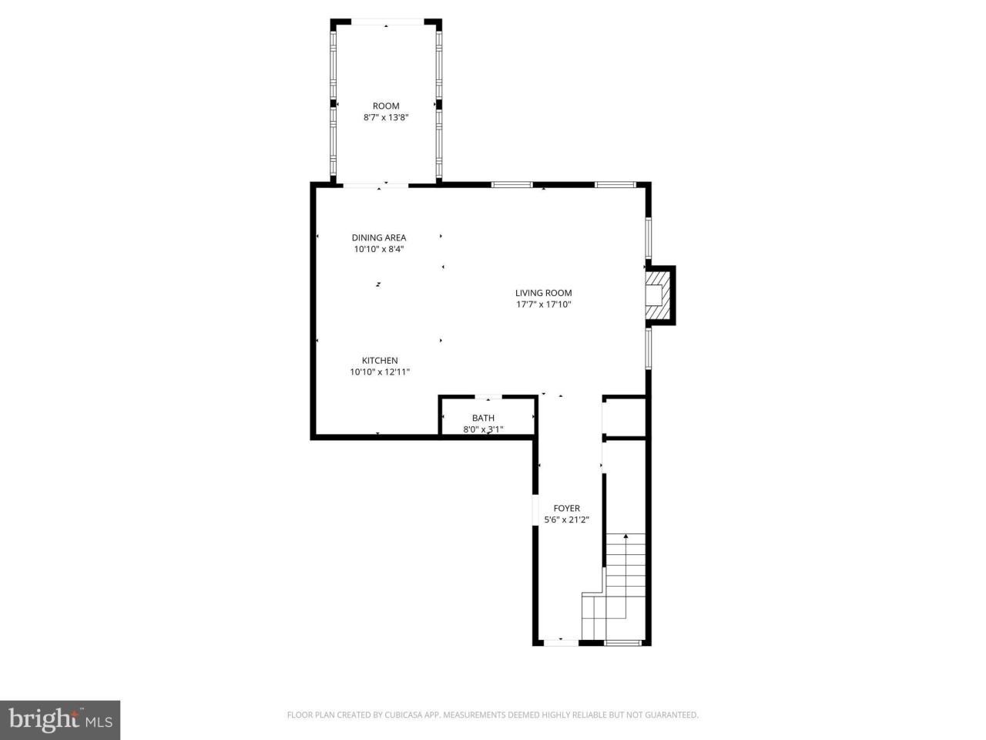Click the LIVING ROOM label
(543, 293)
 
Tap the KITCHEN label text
(380, 361)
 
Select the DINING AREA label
(379, 237)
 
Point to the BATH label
(483, 418)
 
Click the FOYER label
(566, 508)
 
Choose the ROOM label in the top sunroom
(386, 106)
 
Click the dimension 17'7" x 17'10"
(543, 304)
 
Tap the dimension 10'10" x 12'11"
(380, 372)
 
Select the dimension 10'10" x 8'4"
(379, 249)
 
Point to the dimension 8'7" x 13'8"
(386, 118)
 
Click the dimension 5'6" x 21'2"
(566, 520)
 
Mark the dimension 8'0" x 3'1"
(483, 429)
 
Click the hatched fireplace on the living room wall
(658, 295)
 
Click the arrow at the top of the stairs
(625, 535)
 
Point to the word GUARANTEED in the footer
(672, 715)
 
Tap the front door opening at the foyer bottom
(560, 641)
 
